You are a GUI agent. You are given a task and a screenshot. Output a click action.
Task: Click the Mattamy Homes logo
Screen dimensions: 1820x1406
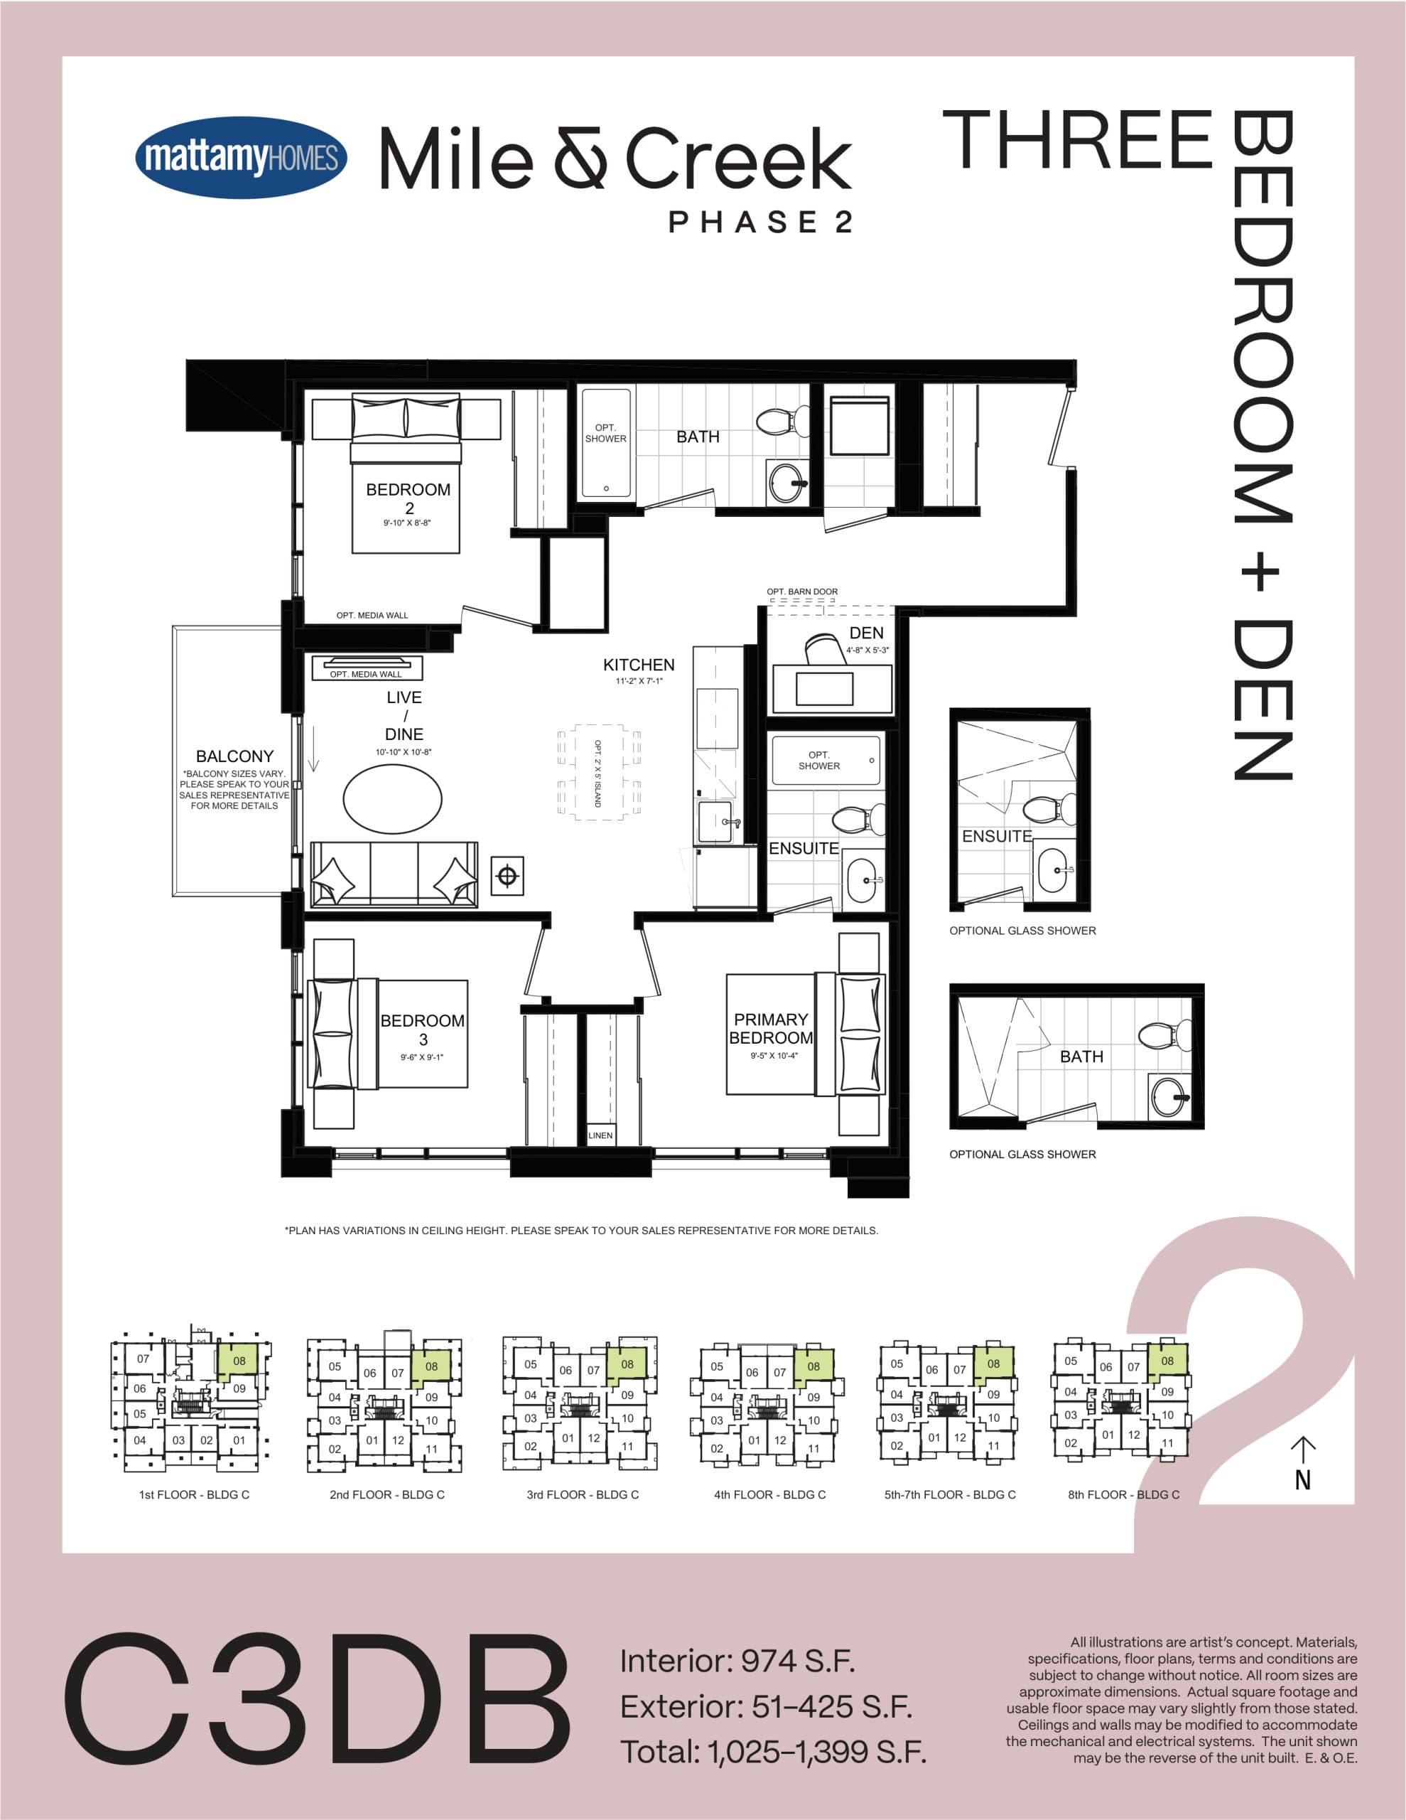[x=241, y=158]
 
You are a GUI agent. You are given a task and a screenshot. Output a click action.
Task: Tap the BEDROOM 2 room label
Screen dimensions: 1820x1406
[x=408, y=498]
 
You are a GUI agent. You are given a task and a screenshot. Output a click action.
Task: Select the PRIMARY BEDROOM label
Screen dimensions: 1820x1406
[x=770, y=1028]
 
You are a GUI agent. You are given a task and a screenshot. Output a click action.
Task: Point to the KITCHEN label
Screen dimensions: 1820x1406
[x=639, y=665]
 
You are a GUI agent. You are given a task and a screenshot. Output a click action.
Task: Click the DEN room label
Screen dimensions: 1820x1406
[x=866, y=633]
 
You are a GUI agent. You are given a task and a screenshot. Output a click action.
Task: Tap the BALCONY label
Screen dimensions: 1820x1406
[x=234, y=756]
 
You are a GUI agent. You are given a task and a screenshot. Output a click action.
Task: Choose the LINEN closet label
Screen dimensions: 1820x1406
[x=600, y=1135]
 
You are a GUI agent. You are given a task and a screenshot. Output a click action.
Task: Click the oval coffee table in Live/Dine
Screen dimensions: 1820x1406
[x=392, y=798]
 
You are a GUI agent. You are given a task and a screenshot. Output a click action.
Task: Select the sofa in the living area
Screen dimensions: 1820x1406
[x=394, y=874]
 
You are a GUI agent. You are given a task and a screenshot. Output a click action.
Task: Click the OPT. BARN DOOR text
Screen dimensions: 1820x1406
[x=802, y=591]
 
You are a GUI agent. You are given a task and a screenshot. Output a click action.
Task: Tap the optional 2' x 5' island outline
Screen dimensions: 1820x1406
[x=599, y=773]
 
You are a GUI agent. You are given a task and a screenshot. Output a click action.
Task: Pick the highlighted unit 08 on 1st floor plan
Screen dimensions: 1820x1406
[x=239, y=1361]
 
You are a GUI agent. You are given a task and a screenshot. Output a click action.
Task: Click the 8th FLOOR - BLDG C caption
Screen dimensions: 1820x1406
[x=1124, y=1494]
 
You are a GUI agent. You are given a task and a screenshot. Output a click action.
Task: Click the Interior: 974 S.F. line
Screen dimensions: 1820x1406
[x=737, y=1661]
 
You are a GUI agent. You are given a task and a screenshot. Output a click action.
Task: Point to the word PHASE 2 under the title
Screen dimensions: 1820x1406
[x=760, y=222]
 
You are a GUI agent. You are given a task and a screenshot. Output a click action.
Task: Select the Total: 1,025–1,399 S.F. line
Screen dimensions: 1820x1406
[x=773, y=1752]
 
